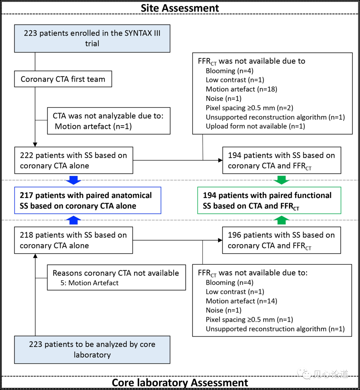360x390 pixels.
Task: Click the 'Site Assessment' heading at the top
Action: tap(180, 8)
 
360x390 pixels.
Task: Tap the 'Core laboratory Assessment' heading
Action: tap(180, 383)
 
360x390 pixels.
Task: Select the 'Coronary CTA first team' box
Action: tap(63, 79)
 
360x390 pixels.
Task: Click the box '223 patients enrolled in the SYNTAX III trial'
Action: tap(92, 38)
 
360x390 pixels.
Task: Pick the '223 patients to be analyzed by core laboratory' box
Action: tap(92, 350)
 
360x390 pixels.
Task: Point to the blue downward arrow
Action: tap(73, 180)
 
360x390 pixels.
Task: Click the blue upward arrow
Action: tap(73, 220)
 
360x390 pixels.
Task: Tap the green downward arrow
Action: tap(281, 180)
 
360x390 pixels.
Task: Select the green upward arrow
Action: tap(281, 220)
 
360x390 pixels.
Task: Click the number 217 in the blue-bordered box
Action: tap(26, 195)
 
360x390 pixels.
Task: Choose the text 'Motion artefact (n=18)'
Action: tap(241, 89)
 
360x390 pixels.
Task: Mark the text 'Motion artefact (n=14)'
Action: tap(241, 301)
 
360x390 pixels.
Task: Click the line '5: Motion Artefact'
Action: tap(89, 283)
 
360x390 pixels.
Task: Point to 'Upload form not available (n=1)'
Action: tap(255, 126)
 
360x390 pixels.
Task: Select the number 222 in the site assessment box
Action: tap(26, 155)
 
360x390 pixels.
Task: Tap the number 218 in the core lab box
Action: tap(26, 235)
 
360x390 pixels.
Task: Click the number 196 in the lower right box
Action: tap(234, 235)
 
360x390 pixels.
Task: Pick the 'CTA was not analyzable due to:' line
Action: tap(108, 116)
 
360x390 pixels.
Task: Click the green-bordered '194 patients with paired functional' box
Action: tap(269, 200)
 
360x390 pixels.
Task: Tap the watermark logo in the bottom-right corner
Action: tap(304, 374)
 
